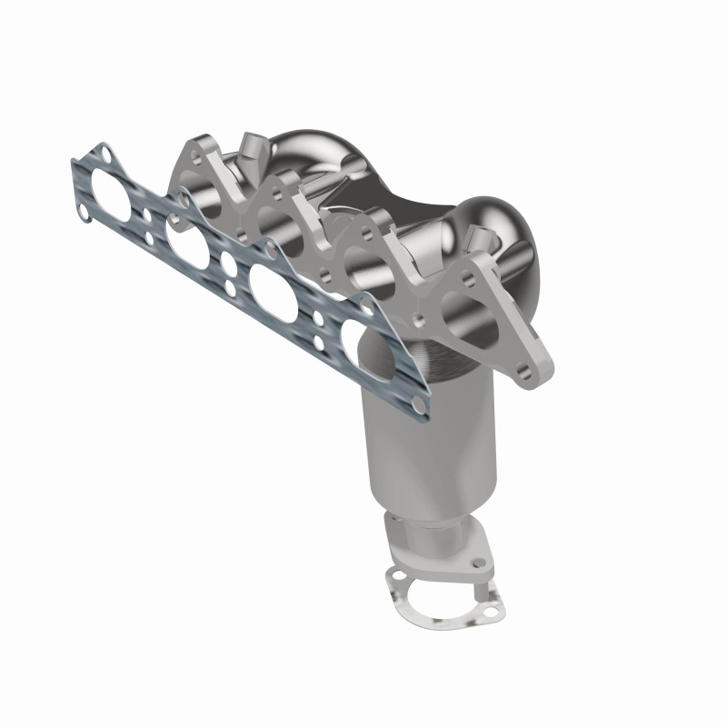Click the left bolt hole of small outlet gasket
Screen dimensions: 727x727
(x=393, y=575)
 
